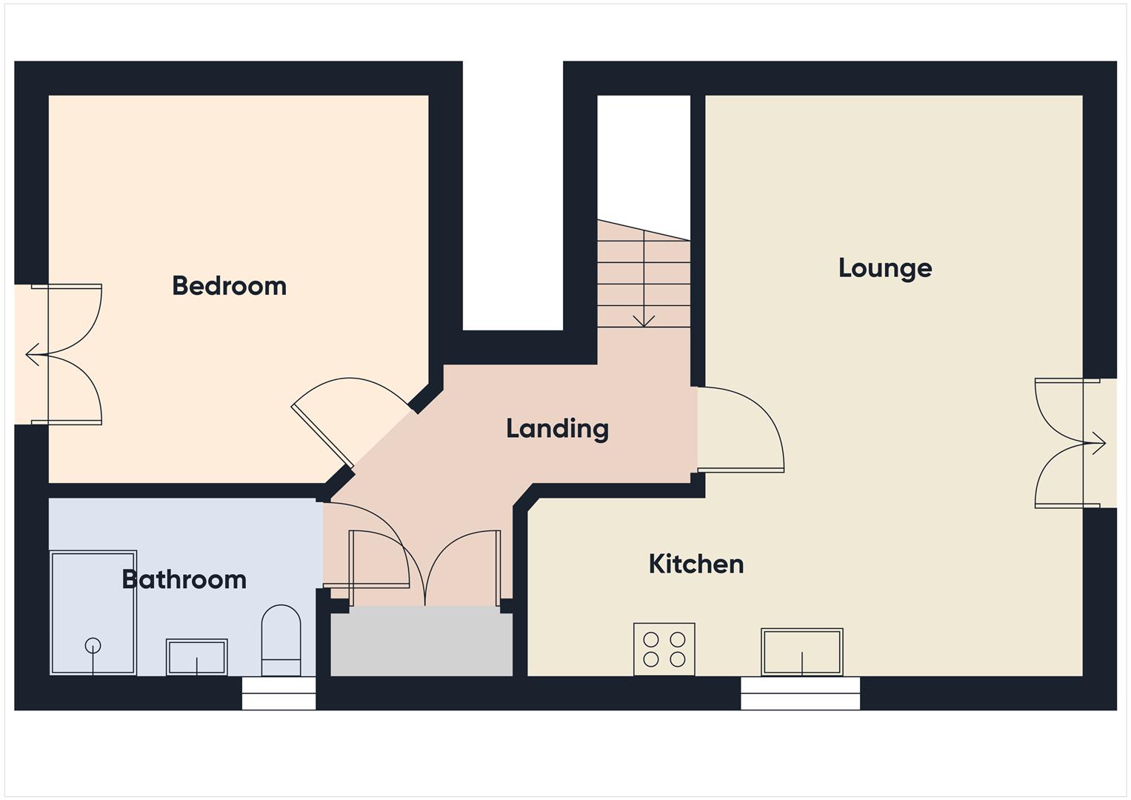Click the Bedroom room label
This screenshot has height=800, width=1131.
click(229, 286)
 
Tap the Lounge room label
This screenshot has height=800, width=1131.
click(884, 268)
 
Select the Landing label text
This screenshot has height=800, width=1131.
click(557, 428)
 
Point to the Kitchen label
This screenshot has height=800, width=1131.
click(695, 564)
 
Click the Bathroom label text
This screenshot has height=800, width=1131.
click(184, 579)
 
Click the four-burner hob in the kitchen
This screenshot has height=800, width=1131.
click(664, 649)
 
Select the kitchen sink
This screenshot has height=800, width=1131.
click(802, 652)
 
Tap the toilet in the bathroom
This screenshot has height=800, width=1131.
click(281, 641)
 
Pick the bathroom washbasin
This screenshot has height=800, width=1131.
click(196, 657)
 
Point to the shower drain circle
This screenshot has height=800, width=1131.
click(93, 645)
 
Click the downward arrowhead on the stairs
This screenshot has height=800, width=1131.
click(644, 321)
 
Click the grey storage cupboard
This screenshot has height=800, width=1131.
click(421, 641)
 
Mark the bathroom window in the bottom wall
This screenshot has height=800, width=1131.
click(279, 693)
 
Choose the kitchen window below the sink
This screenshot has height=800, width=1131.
click(801, 693)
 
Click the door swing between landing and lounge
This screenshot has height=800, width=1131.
click(741, 430)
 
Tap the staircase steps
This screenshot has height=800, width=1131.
click(644, 281)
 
